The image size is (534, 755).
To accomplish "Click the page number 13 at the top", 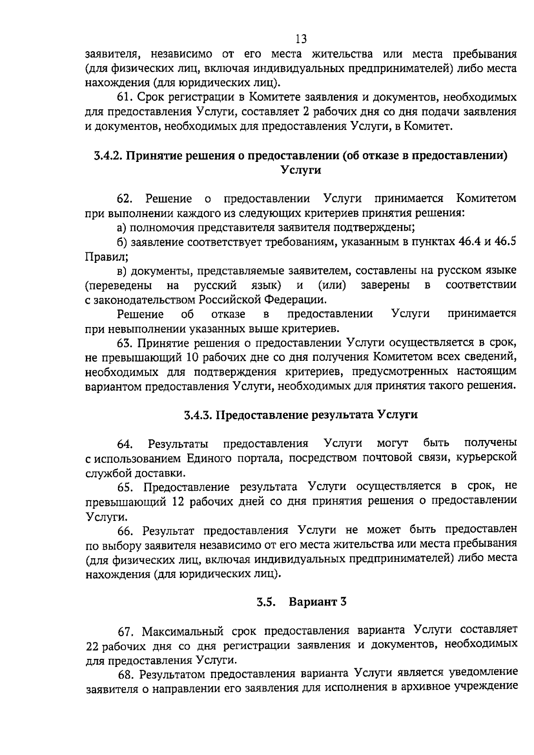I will click(x=301, y=39).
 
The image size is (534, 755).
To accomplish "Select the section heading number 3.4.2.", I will click(x=108, y=155).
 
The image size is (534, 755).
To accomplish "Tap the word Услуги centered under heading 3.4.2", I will click(x=301, y=170).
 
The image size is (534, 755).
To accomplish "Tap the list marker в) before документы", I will click(x=121, y=271).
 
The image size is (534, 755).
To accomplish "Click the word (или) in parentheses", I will click(x=332, y=285).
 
